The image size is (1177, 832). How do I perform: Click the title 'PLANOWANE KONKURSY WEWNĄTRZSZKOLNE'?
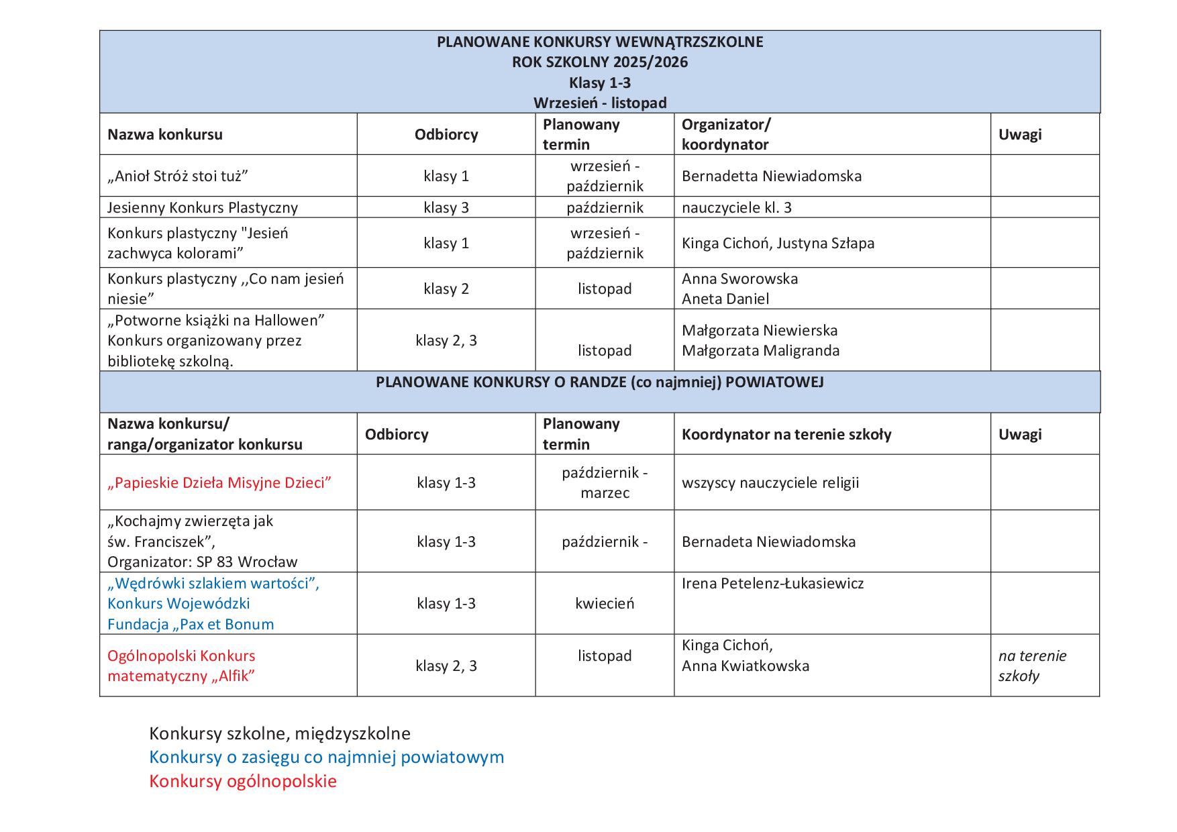(x=600, y=42)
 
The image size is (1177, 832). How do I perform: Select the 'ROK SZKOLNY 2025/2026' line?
(x=600, y=62)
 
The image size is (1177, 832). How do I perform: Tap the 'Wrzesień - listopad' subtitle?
(x=600, y=103)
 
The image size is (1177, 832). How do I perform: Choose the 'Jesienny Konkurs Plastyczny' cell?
(x=203, y=207)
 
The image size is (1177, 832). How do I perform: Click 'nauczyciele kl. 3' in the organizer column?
(x=736, y=207)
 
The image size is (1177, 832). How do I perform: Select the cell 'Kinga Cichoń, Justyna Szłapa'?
(x=778, y=243)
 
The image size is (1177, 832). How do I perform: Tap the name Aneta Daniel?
(x=725, y=299)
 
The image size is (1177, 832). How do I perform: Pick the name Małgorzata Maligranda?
(x=760, y=350)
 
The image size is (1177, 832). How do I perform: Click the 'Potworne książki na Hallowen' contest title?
(x=216, y=320)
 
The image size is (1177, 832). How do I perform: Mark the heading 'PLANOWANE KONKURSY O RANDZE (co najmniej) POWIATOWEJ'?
(x=600, y=382)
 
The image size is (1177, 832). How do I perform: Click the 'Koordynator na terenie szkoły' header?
(x=786, y=434)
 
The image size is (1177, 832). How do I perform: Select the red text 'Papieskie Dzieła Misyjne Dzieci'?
(x=219, y=482)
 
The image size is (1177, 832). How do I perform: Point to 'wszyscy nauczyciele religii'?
(x=770, y=482)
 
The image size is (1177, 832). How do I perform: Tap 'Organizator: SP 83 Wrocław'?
(x=202, y=562)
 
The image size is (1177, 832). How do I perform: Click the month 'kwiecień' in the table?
(x=604, y=603)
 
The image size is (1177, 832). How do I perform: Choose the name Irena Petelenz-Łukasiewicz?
(x=772, y=583)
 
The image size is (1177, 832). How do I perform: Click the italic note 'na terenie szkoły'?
(x=1031, y=666)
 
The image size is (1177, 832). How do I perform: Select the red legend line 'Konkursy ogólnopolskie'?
(x=243, y=781)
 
